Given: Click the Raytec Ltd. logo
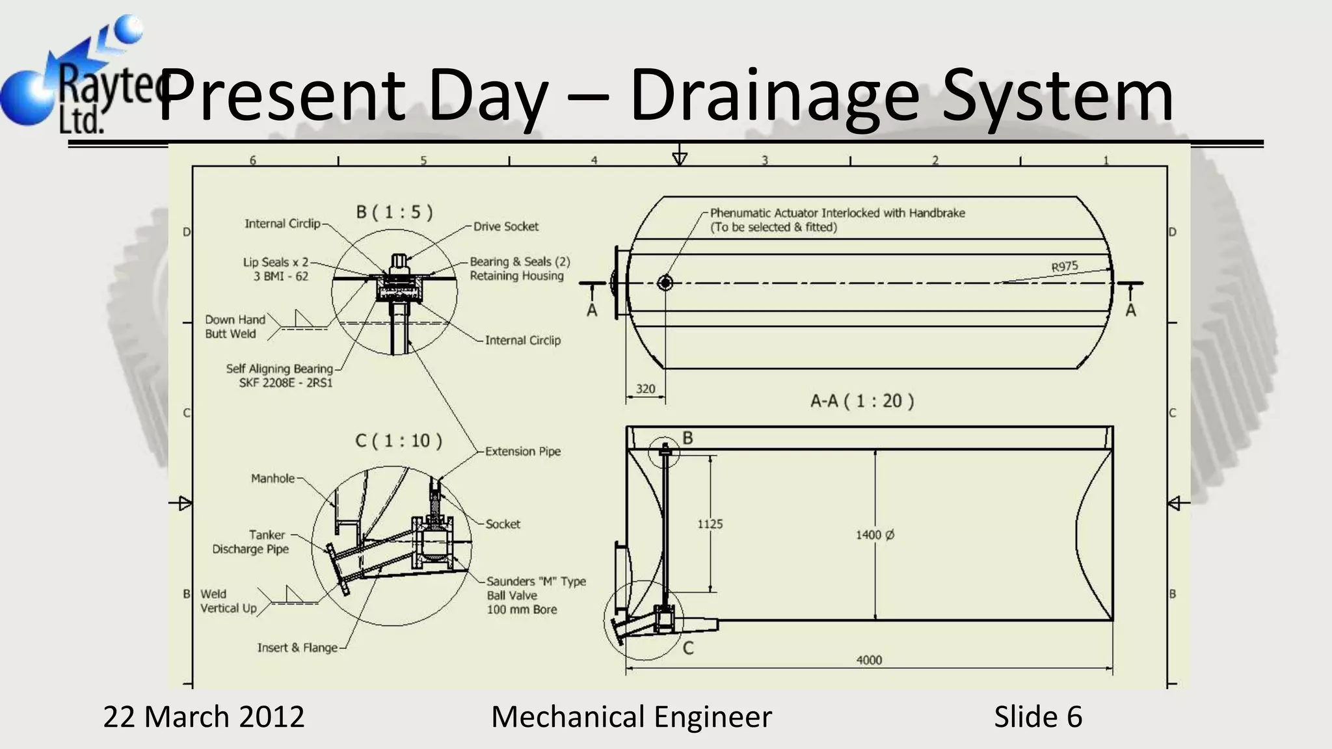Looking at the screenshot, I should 72,78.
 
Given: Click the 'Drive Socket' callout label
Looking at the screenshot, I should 505,226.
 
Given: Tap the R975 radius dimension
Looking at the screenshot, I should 1064,267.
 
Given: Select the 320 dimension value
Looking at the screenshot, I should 645,389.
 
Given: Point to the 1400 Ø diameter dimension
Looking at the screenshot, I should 875,534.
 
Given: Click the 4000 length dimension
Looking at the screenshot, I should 869,660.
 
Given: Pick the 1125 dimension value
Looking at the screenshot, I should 710,524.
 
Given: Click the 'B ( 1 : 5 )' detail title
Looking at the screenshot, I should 394,212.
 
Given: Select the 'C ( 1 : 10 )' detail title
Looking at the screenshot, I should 399,441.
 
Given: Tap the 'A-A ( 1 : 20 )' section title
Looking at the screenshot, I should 862,401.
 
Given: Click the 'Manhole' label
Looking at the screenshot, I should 273,479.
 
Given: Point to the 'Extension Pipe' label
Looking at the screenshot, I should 522,451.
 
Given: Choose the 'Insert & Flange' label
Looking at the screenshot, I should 297,648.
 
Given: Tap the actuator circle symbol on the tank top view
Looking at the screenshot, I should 665,283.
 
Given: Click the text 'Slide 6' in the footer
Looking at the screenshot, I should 1037,716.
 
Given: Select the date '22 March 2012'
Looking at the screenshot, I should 204,716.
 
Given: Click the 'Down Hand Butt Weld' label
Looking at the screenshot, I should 234,326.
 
